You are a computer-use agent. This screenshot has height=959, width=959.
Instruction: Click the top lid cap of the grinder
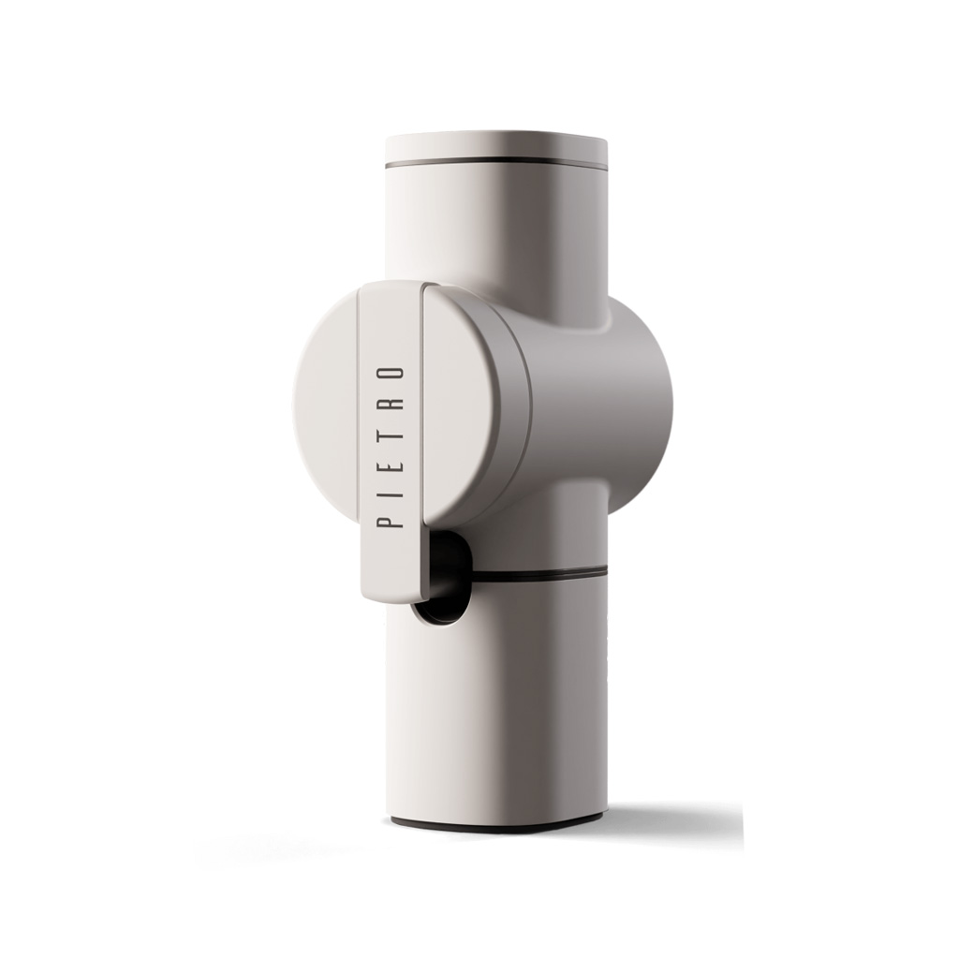496,147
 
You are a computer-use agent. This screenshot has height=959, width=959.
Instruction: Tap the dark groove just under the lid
496,165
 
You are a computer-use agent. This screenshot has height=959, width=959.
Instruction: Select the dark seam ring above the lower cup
539,575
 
